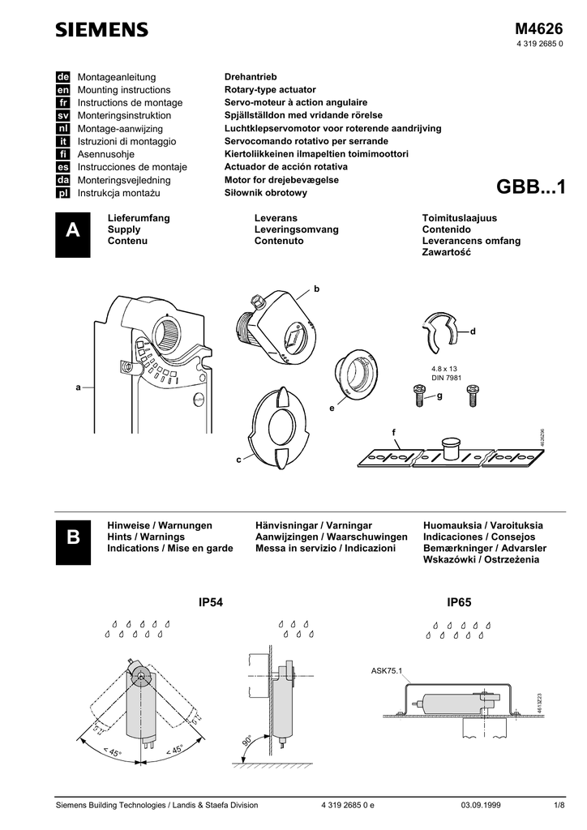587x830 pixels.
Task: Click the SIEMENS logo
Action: coord(101,30)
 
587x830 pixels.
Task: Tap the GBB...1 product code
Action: coord(531,187)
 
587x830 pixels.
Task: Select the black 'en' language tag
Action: coord(62,90)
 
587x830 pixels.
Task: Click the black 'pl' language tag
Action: coord(62,194)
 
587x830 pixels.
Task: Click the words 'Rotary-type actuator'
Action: coord(270,90)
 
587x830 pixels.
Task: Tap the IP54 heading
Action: coord(210,602)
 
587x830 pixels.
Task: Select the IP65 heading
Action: coord(459,602)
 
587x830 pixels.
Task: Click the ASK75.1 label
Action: coord(387,670)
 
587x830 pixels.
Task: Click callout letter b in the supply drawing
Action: coord(317,289)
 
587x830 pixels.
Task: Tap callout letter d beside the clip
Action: coord(473,332)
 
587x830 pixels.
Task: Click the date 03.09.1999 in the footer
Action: coord(481,805)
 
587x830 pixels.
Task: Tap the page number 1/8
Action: coord(559,805)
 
